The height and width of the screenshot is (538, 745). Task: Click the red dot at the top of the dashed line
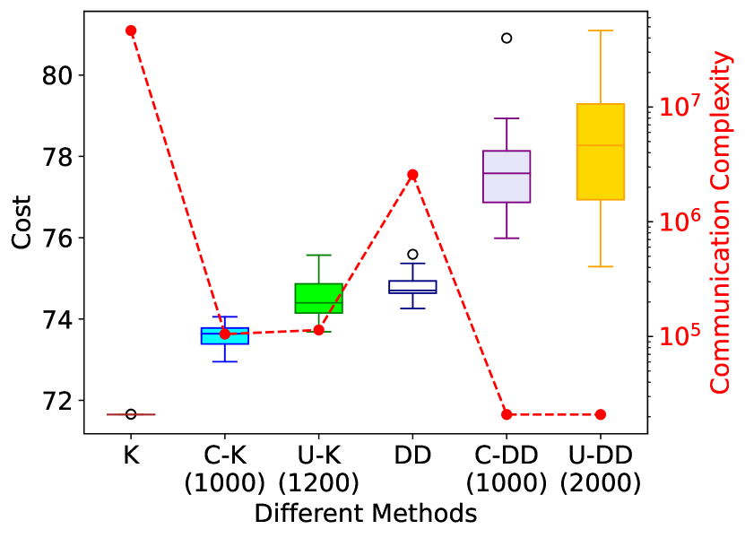click(x=131, y=30)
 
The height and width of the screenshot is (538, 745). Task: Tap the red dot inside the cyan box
click(x=225, y=334)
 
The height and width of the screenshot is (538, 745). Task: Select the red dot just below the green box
click(x=318, y=330)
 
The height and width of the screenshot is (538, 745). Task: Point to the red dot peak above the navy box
click(x=412, y=175)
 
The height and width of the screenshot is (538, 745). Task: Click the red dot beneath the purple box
click(x=507, y=414)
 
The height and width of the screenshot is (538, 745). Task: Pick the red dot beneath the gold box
click(x=601, y=414)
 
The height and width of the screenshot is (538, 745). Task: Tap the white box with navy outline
click(x=412, y=285)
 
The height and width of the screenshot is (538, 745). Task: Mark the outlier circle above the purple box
click(x=507, y=38)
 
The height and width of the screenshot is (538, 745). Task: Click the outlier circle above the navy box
click(x=412, y=255)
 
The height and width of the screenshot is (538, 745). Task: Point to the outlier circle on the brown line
click(x=131, y=414)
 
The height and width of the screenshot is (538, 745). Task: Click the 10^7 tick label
click(x=680, y=107)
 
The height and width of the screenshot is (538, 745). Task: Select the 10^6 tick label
click(x=680, y=221)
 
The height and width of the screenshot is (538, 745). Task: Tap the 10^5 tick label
click(x=680, y=336)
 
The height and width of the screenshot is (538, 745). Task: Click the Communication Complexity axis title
click(x=721, y=221)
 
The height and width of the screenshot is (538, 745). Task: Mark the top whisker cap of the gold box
click(x=601, y=30)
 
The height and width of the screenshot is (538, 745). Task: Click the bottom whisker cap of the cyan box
click(x=225, y=361)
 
